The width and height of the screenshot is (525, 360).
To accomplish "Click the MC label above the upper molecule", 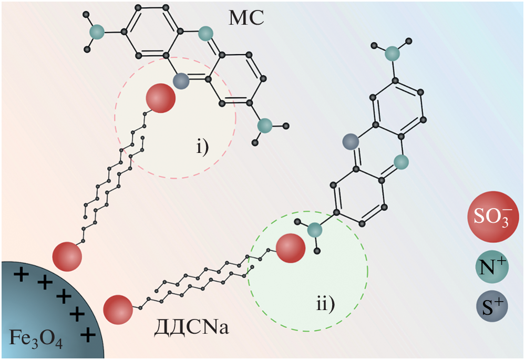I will [x=246, y=18].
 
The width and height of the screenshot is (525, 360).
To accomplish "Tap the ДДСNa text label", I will [x=191, y=330].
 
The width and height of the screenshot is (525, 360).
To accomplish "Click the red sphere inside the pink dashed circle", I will [x=160, y=99].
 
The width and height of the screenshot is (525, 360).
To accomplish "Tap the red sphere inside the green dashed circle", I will [x=290, y=249].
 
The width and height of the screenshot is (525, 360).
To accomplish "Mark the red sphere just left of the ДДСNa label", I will [x=118, y=309].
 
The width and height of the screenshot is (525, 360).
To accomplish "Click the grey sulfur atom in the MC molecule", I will [x=181, y=80].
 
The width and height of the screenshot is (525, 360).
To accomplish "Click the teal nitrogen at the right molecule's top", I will [x=392, y=53].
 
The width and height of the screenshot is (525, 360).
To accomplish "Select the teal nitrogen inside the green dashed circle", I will [x=315, y=230].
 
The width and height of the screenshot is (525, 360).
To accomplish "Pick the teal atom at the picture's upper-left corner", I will [x=96, y=32].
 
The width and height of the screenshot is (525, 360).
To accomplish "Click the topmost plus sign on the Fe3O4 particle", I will [x=22, y=274].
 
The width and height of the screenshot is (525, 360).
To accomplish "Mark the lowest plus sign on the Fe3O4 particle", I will [x=89, y=333].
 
